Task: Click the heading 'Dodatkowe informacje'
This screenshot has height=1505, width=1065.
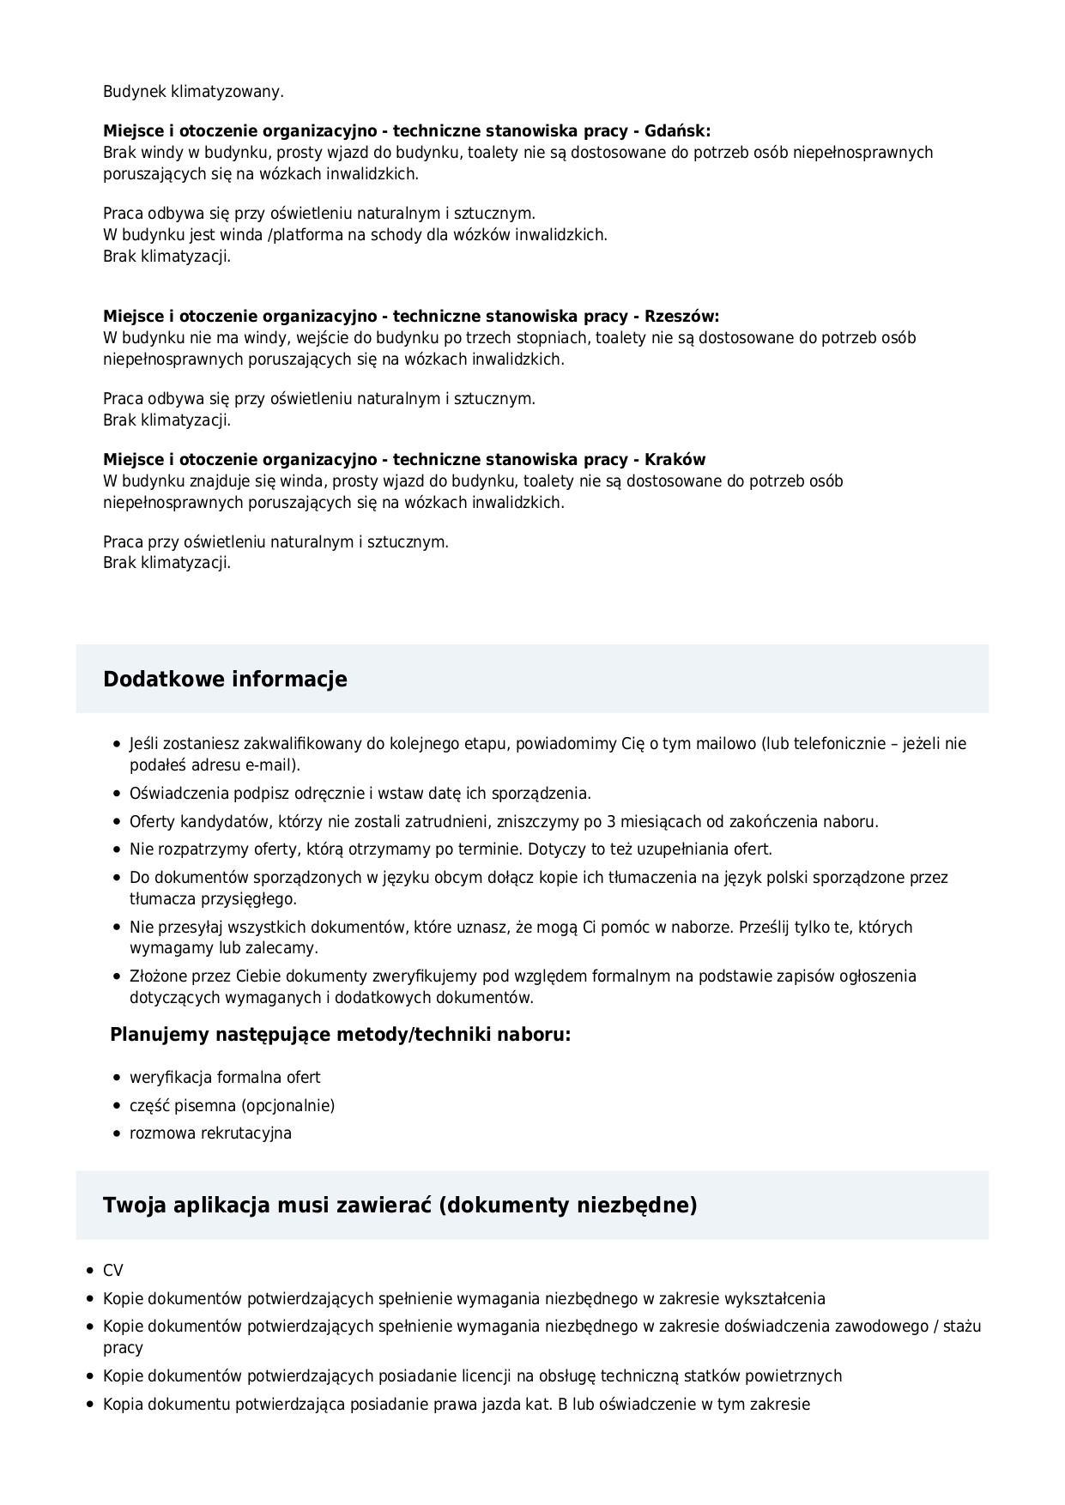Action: (x=225, y=680)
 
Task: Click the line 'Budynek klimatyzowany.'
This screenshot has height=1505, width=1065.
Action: (x=193, y=91)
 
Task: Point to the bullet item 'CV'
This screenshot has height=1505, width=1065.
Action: (x=113, y=1271)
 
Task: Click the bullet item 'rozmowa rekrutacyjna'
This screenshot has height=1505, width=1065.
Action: (x=210, y=1133)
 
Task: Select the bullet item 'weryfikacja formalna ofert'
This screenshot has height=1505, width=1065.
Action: (x=225, y=1078)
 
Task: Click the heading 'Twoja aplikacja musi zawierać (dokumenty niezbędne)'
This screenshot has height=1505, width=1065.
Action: (x=400, y=1206)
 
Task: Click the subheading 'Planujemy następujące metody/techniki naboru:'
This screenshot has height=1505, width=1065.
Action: (x=340, y=1035)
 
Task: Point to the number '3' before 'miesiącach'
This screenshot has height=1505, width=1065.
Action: (x=611, y=822)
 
